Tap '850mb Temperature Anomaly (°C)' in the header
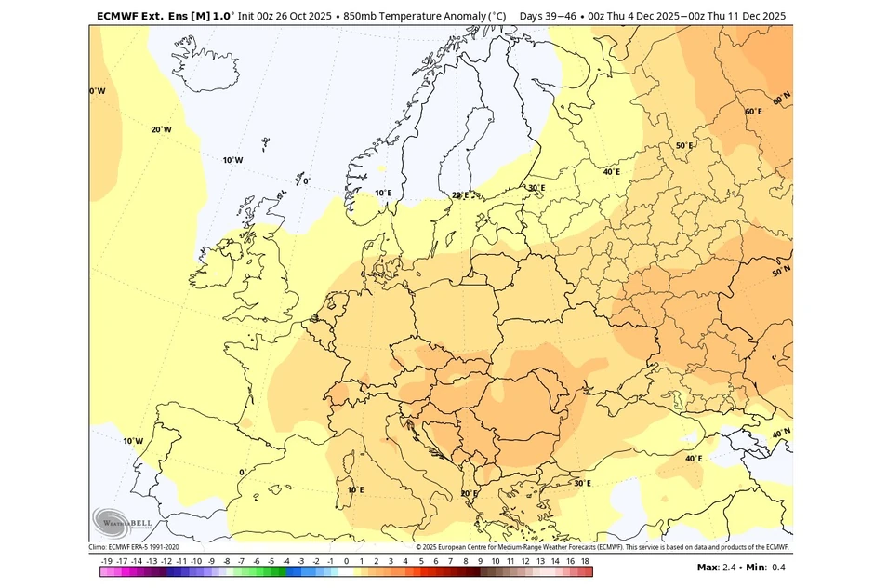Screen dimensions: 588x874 pyautogui.click(x=425, y=16)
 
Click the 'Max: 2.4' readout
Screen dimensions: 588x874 pyautogui.click(x=719, y=567)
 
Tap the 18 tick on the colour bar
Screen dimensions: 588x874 pyautogui.click(x=586, y=562)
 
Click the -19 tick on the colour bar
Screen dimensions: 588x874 pyautogui.click(x=107, y=562)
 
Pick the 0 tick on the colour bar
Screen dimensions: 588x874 pyautogui.click(x=346, y=562)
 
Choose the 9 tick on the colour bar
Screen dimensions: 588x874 pyautogui.click(x=480, y=562)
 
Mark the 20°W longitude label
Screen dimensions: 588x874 pyautogui.click(x=161, y=129)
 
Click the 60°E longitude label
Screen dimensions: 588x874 pyautogui.click(x=753, y=112)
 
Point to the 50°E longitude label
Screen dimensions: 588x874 pyautogui.click(x=684, y=145)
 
